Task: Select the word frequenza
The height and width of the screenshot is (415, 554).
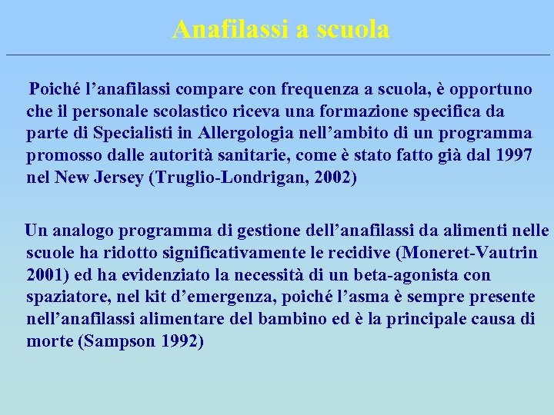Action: [304, 89]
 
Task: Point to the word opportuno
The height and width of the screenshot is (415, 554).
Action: [492, 89]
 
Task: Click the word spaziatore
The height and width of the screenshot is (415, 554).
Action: [65, 296]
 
